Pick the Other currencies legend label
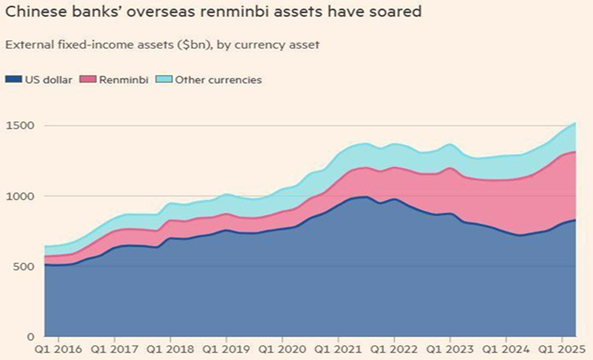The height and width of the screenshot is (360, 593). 218,80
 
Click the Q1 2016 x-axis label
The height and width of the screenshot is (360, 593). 58,349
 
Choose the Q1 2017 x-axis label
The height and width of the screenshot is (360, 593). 114,349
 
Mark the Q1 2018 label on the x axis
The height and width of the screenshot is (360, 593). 170,349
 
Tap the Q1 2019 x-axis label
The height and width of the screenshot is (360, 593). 226,349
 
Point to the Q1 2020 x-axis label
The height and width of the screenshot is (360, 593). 282,349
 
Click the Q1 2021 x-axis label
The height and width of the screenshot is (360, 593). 338,349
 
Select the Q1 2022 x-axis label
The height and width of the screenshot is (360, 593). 394,349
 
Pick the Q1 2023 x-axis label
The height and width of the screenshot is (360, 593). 450,349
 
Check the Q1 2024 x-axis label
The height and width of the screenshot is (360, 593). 506,349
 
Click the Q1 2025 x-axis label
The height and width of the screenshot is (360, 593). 561,349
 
